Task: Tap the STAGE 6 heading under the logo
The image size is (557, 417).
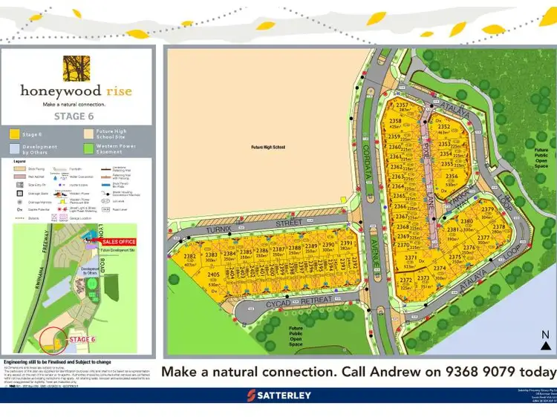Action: point(76,116)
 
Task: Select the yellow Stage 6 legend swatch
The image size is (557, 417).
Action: point(14,134)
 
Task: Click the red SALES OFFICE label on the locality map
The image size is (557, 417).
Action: point(120,242)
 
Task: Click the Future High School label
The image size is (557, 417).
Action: point(268,147)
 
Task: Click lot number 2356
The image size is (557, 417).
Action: point(451,177)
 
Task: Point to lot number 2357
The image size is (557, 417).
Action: point(404,105)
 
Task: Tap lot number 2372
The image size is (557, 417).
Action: point(406,280)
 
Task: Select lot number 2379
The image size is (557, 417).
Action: point(488,211)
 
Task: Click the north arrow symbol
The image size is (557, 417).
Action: point(546,341)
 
